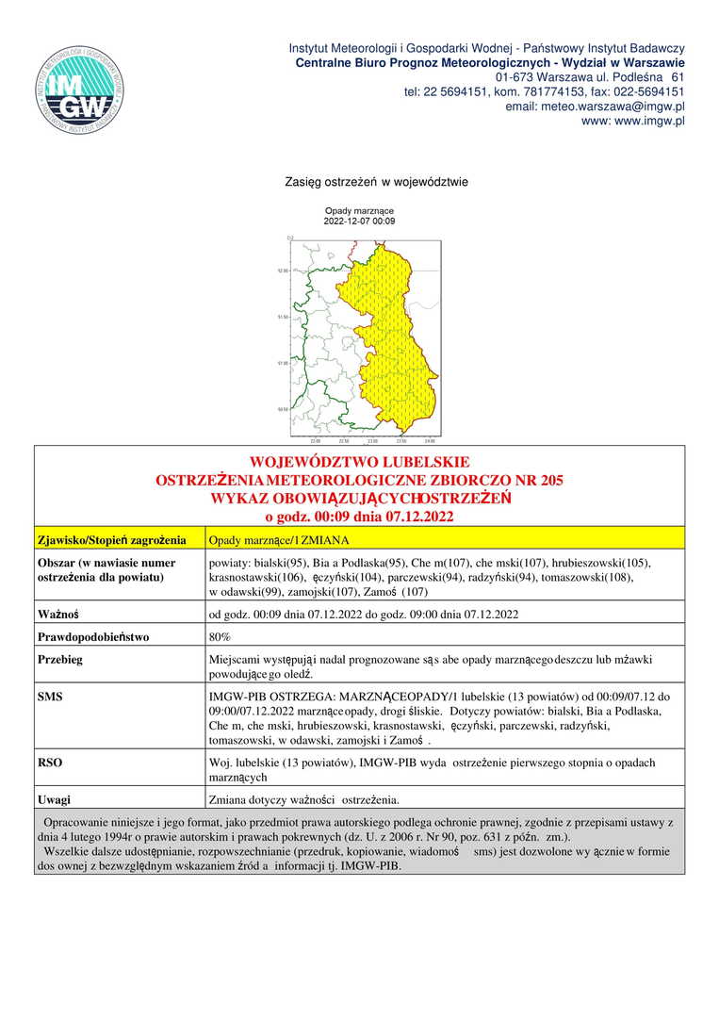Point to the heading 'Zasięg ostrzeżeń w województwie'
376,181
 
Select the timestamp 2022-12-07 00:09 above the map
359,222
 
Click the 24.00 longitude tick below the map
430,441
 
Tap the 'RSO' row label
50,762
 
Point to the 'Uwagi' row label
55,799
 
